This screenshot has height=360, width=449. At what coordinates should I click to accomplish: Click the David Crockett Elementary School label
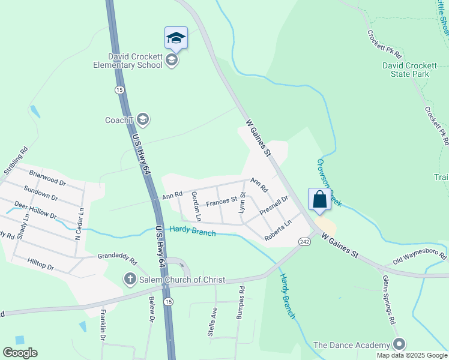click(x=127, y=60)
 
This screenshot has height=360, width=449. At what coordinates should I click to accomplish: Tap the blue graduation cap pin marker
click(x=176, y=38)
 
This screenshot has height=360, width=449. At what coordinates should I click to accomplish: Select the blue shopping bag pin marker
click(x=319, y=199)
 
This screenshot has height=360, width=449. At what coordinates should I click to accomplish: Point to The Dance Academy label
click(x=351, y=344)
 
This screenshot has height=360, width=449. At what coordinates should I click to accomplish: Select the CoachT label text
click(x=118, y=120)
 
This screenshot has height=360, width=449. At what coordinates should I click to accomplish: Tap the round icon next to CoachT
click(x=142, y=119)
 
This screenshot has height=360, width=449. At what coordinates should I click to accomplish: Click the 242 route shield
click(x=304, y=241)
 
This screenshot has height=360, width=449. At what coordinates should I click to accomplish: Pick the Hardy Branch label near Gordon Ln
click(x=192, y=230)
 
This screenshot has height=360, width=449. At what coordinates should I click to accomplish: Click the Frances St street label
click(x=219, y=202)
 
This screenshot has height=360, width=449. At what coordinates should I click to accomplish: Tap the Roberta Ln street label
click(x=278, y=230)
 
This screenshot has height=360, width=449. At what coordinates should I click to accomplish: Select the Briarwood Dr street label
click(x=46, y=177)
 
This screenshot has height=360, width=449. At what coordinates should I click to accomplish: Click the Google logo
click(x=20, y=353)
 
